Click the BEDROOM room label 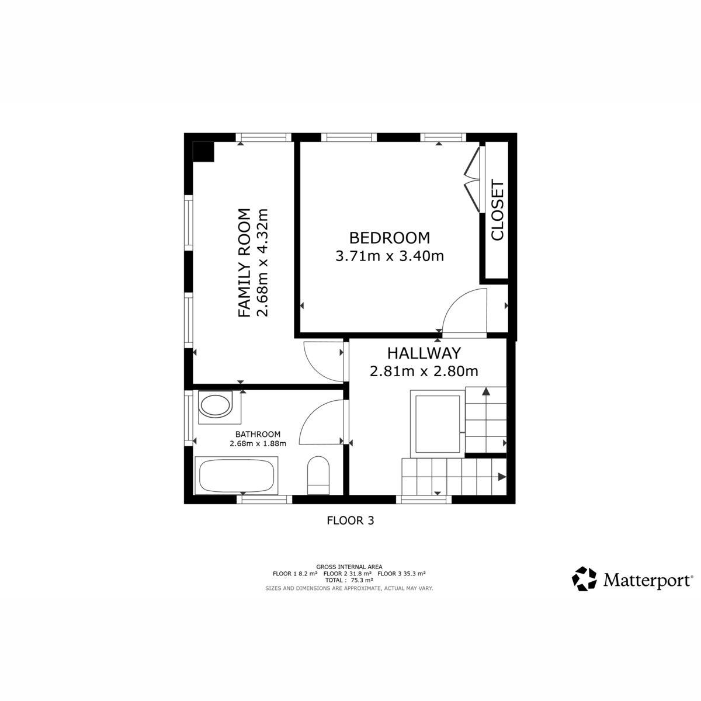390,238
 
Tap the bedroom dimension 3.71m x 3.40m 390,256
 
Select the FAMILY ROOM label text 244,263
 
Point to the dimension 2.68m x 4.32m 262,263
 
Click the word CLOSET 497,210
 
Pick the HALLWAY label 424,353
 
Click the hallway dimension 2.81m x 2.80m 424,372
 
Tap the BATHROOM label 258,434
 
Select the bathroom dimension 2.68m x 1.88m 258,443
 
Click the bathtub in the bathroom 237,476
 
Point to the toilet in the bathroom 318,475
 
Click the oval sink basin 216,405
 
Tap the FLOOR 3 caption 350,520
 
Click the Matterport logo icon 584,578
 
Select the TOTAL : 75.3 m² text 349,580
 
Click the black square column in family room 203,151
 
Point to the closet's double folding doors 473,179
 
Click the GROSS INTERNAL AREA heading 349,567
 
